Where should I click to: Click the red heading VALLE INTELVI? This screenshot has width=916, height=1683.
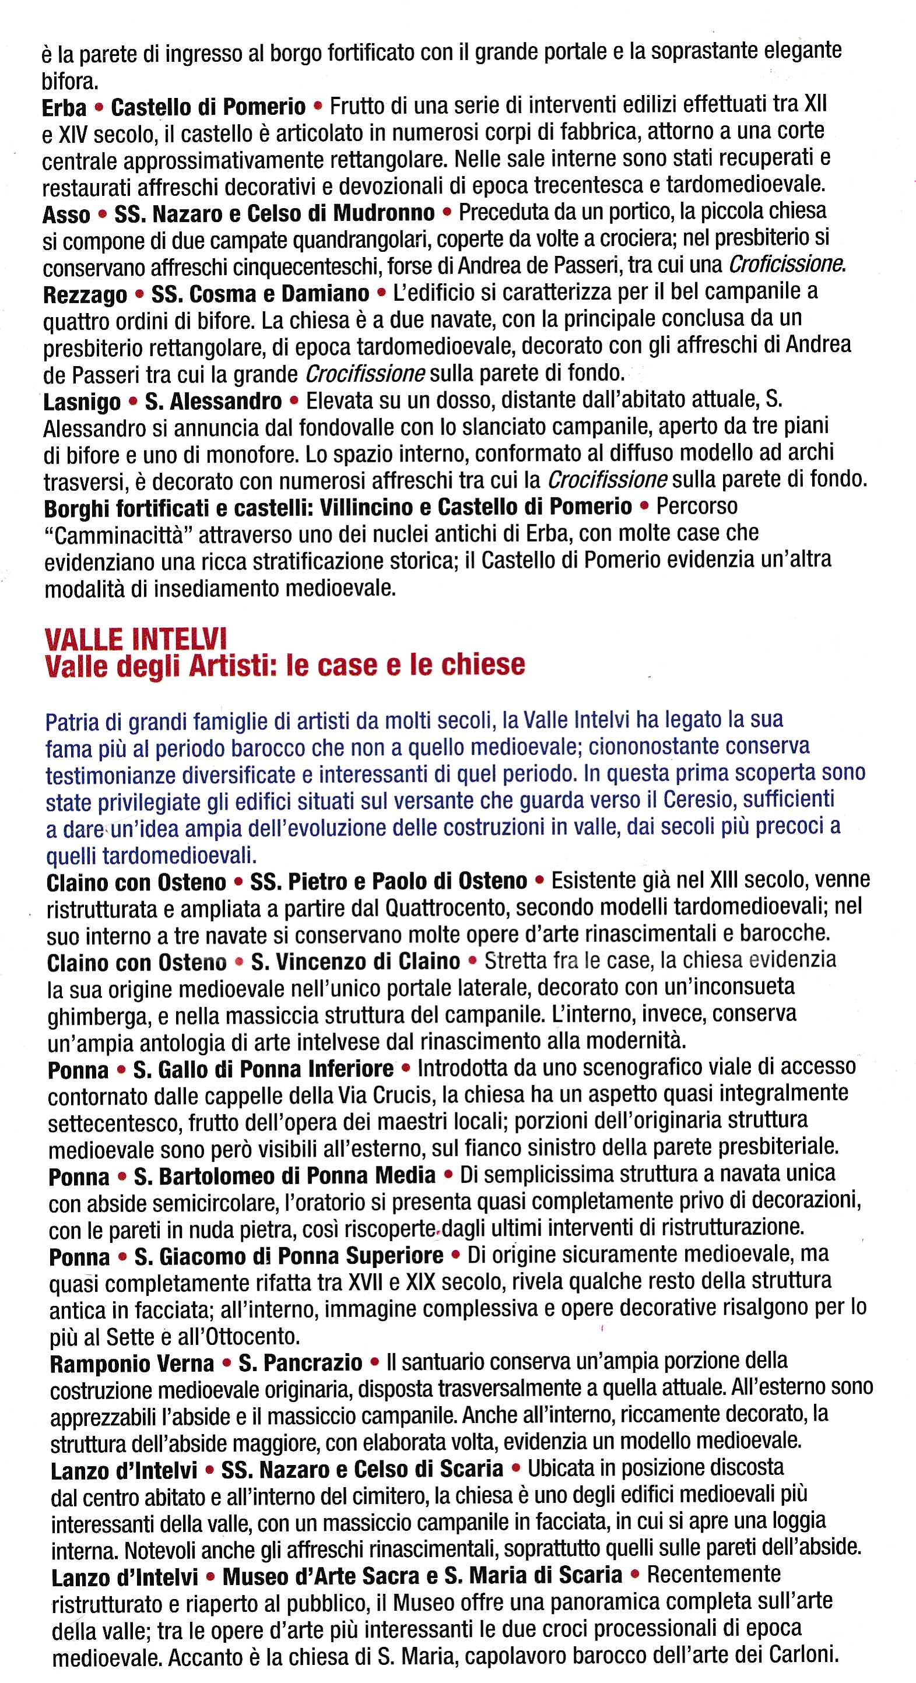135,638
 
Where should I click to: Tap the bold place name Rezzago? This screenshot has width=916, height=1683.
85,294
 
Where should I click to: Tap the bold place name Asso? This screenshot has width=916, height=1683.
66,215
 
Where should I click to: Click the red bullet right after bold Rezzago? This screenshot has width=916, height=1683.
139,294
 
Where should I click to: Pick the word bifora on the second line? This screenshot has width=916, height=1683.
69,82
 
